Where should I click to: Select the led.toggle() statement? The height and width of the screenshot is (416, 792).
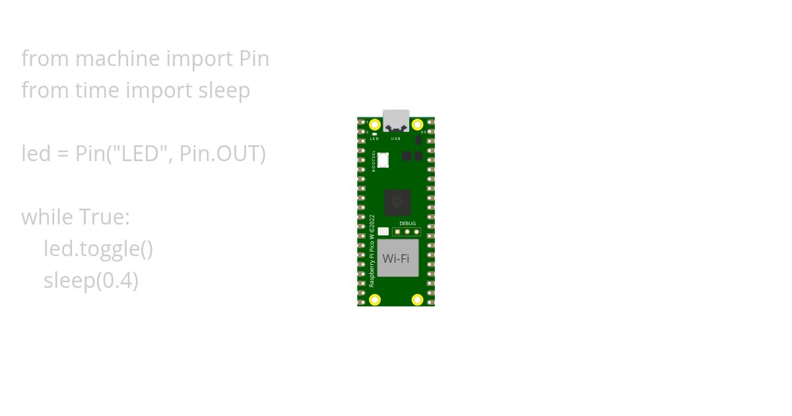coord(98,249)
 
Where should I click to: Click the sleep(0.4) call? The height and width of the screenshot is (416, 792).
coord(91,281)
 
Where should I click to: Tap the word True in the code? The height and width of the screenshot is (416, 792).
coord(104,217)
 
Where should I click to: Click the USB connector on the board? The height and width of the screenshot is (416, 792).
coord(396,120)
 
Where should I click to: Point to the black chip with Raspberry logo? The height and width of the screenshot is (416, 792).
coord(397,202)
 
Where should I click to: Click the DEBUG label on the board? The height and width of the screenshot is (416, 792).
coord(408,224)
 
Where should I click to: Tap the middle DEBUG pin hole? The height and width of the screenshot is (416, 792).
coord(407,232)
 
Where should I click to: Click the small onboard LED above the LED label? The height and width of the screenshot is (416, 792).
coord(375,134)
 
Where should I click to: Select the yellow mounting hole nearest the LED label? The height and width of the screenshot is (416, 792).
coord(375,124)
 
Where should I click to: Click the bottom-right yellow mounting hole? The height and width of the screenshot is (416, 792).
coord(417,300)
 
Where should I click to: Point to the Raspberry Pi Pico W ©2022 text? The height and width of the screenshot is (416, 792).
coord(372,250)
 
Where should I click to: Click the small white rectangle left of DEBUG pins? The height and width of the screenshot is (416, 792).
coord(383,232)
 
